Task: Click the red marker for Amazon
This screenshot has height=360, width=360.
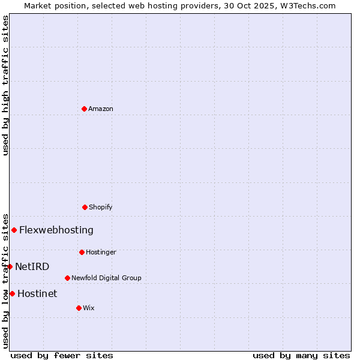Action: [84, 109]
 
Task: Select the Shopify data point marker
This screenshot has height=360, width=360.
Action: [85, 207]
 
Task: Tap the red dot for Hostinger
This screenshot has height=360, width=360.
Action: [82, 252]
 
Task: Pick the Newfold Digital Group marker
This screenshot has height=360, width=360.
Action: [67, 278]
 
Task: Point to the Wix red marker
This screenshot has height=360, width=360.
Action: [79, 308]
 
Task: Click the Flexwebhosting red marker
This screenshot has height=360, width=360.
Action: [14, 230]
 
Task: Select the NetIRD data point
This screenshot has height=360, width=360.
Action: [10, 266]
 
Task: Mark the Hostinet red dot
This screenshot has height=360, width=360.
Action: [12, 293]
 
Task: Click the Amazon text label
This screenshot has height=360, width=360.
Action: [101, 109]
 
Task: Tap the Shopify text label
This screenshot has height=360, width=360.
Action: [101, 207]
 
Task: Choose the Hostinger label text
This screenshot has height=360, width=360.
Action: [101, 252]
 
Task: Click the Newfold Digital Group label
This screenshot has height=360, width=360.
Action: [106, 278]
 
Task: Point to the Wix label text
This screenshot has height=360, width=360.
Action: [89, 308]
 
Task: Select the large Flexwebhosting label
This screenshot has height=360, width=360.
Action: [56, 230]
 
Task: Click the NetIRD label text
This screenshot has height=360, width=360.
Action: [32, 266]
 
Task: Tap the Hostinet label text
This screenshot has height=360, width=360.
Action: [37, 293]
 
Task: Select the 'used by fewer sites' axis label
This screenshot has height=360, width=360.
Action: [62, 355]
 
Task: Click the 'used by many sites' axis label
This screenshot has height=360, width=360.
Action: [301, 355]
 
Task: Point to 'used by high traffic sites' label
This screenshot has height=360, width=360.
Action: [5, 85]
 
